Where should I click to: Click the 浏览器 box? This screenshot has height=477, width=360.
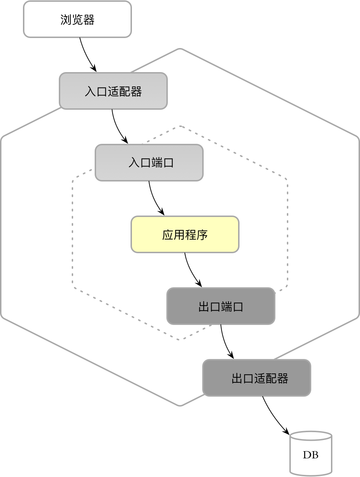click(x=77, y=19)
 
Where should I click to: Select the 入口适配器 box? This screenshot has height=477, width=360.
click(x=113, y=91)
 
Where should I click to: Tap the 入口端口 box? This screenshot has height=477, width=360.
click(x=149, y=163)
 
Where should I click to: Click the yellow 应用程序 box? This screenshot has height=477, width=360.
click(x=185, y=235)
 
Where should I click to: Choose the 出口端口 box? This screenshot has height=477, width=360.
click(x=221, y=306)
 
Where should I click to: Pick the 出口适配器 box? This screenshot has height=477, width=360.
click(x=257, y=378)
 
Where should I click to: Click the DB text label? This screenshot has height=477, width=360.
click(x=311, y=455)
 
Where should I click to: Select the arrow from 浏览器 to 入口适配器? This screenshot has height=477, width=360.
click(x=86, y=55)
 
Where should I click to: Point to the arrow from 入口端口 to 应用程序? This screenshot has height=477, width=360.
click(x=154, y=199)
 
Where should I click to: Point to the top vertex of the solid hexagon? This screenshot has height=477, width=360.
click(x=180, y=49)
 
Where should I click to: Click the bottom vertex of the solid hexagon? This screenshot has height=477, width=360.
click(x=180, y=406)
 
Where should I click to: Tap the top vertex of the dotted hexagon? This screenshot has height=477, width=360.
click(x=180, y=126)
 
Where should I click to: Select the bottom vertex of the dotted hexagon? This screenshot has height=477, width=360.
click(x=180, y=339)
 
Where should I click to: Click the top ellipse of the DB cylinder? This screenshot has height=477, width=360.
click(x=311, y=436)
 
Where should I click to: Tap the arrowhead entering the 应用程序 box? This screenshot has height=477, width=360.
click(x=162, y=213)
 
